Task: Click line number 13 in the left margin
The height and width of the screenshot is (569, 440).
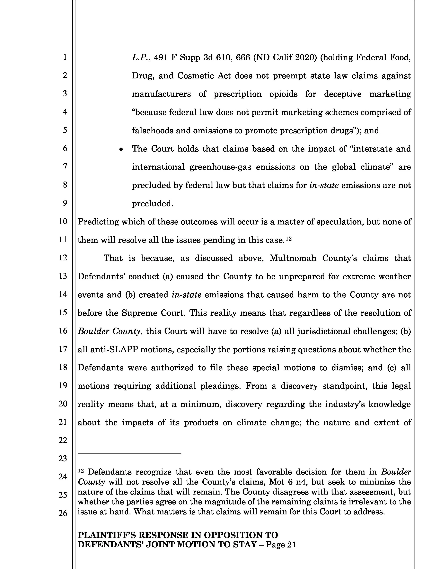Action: [63, 276]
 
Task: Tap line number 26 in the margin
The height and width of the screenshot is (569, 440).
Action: [63, 513]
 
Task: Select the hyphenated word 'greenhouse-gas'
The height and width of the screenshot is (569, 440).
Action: [220, 167]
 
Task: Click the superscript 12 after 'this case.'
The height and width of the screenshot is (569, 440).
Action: [289, 238]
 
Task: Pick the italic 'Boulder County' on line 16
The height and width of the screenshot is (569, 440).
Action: [109, 331]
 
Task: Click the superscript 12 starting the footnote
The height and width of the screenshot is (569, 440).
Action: [81, 471]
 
